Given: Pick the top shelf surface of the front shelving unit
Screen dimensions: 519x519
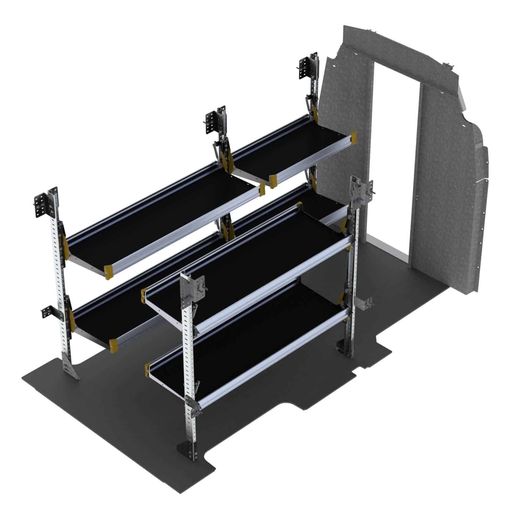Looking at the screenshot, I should [250, 259].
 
